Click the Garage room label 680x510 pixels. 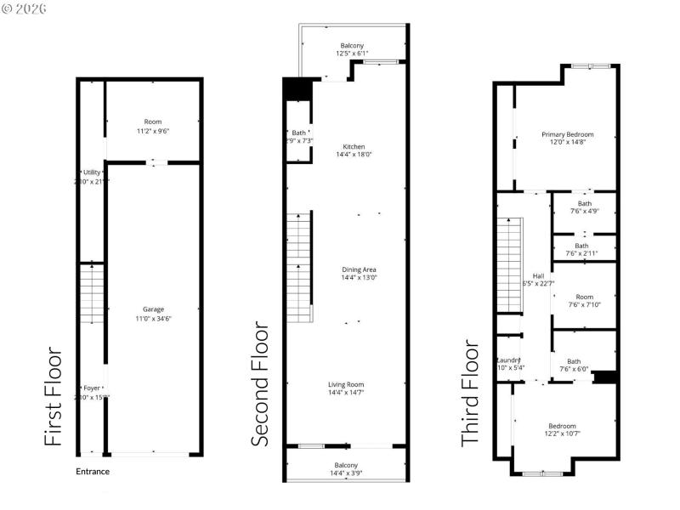tap(153, 313)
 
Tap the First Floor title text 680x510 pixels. tap(53, 396)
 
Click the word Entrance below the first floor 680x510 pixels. tap(93, 472)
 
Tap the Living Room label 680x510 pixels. tap(353, 388)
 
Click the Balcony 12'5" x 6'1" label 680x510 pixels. tap(353, 49)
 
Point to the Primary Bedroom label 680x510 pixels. tap(568, 139)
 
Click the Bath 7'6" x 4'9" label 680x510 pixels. tap(585, 207)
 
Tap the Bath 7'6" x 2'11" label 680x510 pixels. tap(585, 249)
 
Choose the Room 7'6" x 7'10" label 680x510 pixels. tap(585, 300)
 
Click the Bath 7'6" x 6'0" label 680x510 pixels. tap(575, 365)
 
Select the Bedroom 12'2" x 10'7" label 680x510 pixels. tap(562, 430)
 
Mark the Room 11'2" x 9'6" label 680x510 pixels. tap(152, 126)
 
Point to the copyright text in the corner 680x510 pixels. tap(25, 8)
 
